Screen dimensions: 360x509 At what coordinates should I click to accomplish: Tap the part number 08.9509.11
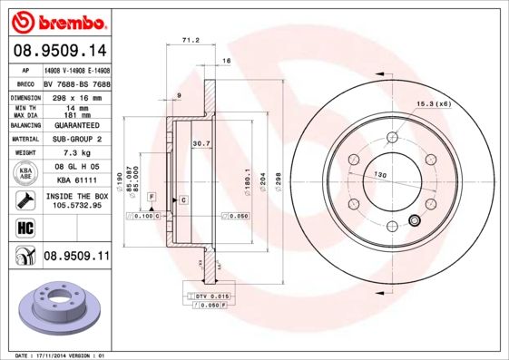point(76,257)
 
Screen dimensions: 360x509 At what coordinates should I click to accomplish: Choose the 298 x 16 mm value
point(76,96)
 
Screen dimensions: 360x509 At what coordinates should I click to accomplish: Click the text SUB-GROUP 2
point(76,139)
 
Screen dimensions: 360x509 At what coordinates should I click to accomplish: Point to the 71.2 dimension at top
point(191,41)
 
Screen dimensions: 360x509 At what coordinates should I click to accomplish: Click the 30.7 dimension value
point(201,143)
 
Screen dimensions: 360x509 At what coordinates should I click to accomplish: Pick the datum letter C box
point(182,199)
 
